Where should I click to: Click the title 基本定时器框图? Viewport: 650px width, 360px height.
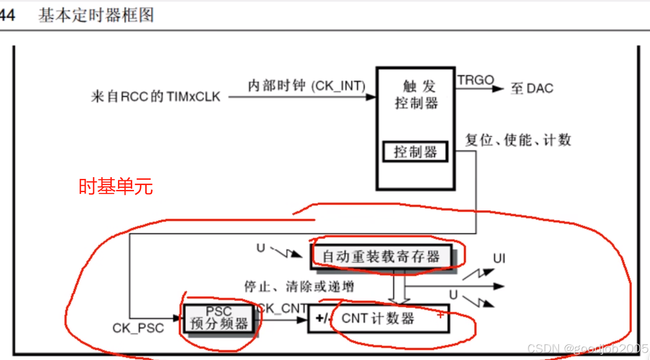96,15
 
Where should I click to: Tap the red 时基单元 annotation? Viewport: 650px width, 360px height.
116,186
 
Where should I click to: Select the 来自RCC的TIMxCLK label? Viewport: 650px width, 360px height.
156,96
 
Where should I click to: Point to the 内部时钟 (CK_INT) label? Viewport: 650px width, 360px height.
306,85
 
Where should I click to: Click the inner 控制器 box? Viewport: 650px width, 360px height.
415,152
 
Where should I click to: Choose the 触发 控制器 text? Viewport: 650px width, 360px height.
416,95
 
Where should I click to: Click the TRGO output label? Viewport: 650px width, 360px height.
475,80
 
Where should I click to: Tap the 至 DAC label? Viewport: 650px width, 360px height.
532,88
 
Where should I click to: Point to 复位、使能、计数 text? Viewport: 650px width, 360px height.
518,140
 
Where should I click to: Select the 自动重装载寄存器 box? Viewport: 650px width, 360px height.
381,256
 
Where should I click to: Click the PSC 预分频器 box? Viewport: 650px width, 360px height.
219,318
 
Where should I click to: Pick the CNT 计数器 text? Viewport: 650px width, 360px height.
378,318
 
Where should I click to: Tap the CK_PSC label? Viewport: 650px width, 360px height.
138,328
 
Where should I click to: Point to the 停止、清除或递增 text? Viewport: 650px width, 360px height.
299,287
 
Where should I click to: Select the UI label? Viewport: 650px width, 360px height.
499,258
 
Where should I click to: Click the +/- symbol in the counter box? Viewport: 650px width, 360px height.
322,318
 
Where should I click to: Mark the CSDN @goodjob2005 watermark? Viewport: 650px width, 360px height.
587,349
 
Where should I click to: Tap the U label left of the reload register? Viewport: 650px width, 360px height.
261,248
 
